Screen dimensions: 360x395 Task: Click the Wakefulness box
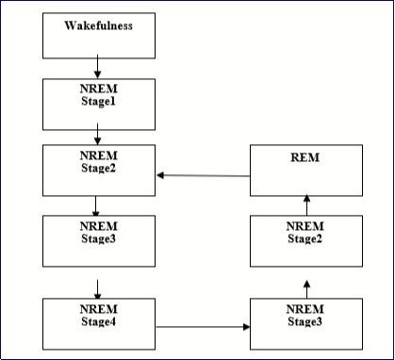click(98, 35)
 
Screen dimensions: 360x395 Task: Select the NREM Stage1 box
click(98, 103)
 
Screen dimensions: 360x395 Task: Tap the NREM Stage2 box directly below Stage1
click(98, 170)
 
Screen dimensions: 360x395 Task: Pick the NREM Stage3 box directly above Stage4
click(98, 240)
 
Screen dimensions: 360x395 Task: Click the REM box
click(305, 170)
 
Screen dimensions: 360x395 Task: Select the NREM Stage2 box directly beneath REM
click(305, 240)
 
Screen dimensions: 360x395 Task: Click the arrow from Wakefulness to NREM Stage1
click(98, 68)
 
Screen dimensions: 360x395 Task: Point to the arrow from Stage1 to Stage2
click(98, 137)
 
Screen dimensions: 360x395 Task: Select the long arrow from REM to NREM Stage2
click(203, 175)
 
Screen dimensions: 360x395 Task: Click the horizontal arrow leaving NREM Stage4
click(203, 327)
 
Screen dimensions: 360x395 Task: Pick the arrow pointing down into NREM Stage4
click(98, 286)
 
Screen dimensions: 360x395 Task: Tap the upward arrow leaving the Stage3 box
click(305, 285)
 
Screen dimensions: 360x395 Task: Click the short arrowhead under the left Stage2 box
click(95, 211)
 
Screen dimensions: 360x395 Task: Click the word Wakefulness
click(98, 25)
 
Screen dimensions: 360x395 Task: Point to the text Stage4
click(98, 320)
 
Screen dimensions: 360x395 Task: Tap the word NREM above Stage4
click(98, 309)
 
